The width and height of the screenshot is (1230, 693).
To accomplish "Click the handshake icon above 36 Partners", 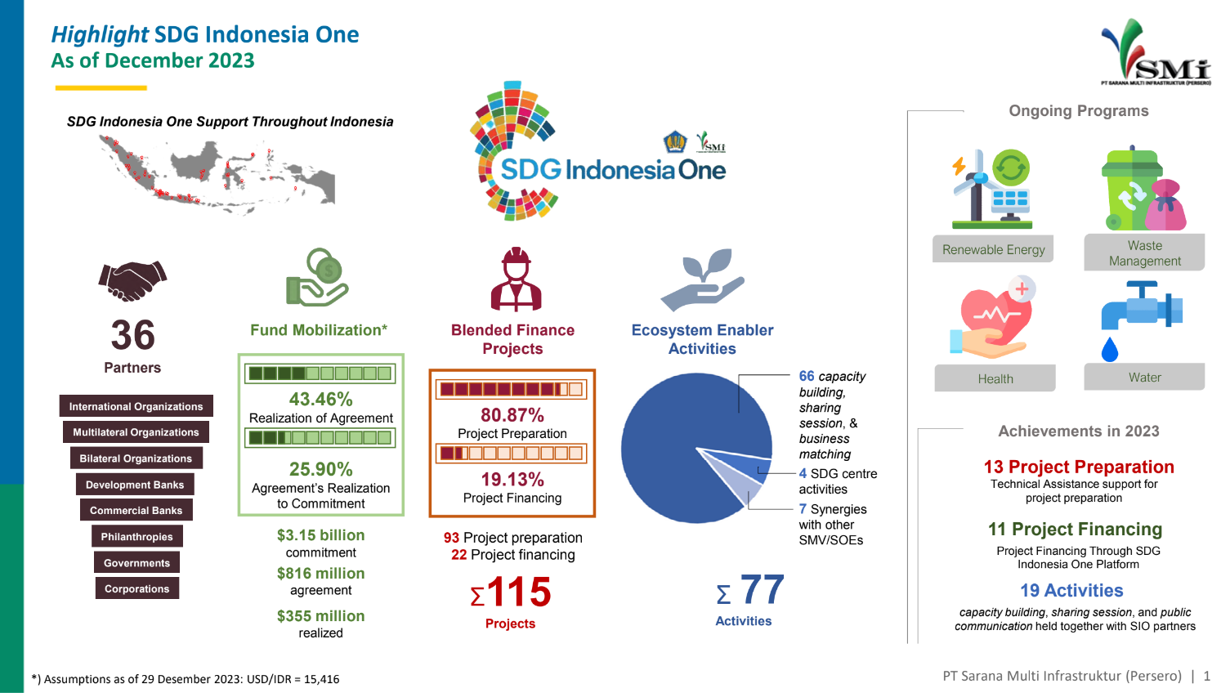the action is [132, 280].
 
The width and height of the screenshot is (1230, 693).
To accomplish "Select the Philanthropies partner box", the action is [136, 536].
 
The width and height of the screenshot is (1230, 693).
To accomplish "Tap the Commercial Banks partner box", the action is [136, 510].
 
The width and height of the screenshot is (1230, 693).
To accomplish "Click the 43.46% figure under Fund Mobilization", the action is [320, 400].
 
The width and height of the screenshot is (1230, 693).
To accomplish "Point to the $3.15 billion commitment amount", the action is [320, 535].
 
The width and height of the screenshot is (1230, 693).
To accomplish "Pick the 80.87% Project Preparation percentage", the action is [512, 414].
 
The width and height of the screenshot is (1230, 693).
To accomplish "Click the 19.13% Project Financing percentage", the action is [512, 480].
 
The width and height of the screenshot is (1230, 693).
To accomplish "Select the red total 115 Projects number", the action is [518, 592].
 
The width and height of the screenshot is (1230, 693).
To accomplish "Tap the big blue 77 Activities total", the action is [763, 590].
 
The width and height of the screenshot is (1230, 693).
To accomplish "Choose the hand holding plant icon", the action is [702, 279].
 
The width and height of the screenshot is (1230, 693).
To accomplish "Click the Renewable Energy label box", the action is [993, 249].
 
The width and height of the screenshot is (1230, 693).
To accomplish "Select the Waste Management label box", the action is [1144, 253].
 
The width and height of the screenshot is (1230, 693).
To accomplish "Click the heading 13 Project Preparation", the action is [1079, 467].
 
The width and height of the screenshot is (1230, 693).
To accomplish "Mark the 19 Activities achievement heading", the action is [1071, 590].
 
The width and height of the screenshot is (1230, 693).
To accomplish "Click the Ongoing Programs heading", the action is [1079, 111].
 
